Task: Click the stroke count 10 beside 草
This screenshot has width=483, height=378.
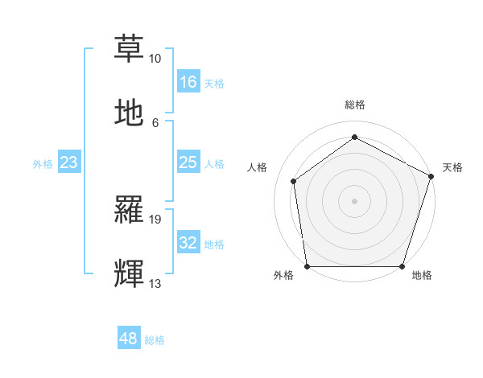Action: [155, 59]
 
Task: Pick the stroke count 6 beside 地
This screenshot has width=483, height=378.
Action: [155, 123]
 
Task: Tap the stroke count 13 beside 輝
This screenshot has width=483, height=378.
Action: [155, 284]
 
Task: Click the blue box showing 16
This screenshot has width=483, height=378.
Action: [188, 82]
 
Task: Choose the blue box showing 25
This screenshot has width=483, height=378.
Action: [188, 162]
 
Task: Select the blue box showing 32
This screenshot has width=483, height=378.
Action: [188, 243]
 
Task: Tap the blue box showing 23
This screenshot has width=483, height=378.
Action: [69, 162]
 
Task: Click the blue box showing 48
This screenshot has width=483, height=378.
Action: [129, 339]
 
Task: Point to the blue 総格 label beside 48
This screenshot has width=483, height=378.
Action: [155, 340]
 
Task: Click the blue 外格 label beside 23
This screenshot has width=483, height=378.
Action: [43, 164]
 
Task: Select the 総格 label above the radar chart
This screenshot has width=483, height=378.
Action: [354, 105]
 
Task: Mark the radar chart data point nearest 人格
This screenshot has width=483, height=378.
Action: [294, 181]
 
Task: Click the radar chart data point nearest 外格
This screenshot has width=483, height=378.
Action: [307, 266]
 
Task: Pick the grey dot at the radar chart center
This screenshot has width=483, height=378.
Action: [354, 200]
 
